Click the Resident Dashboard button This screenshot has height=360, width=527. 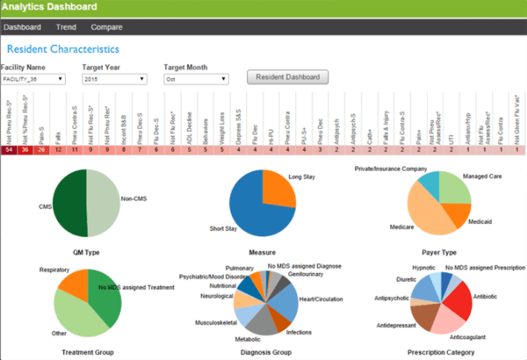point(287,77)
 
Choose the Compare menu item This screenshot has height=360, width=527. point(106,26)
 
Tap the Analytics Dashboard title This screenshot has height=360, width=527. point(50,7)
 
